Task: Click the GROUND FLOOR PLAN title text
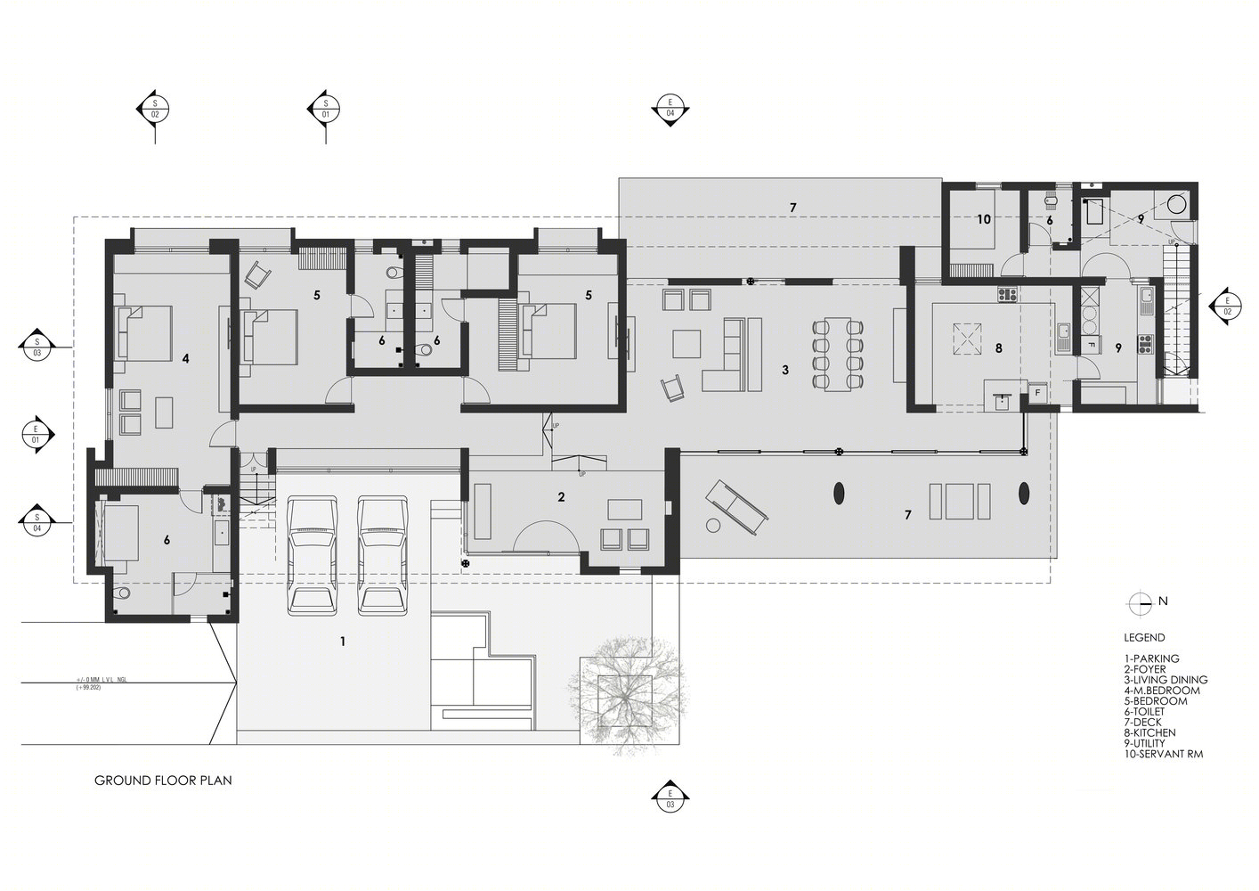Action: point(163,781)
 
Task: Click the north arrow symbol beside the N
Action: point(1139,602)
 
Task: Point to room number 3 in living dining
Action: point(784,370)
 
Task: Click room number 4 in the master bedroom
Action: point(185,359)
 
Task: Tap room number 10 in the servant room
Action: point(983,219)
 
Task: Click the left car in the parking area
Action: point(313,556)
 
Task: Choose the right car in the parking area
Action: point(383,556)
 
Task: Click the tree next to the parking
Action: point(629,692)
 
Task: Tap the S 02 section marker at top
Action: point(154,109)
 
